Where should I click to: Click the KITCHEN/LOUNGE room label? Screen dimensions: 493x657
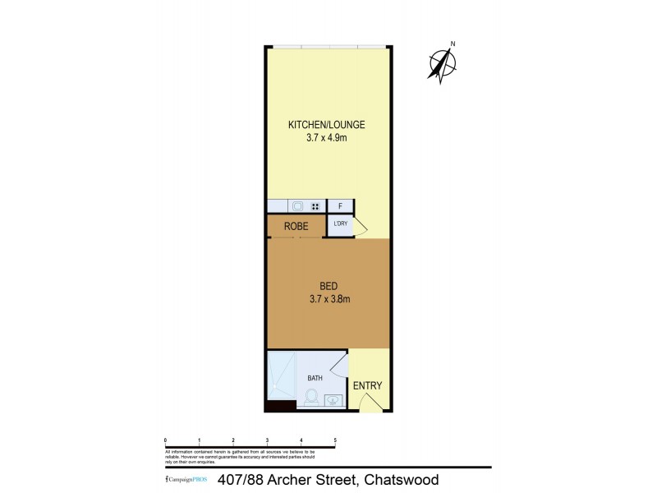pos(326,125)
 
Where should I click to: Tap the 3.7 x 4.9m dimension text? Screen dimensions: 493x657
pos(326,138)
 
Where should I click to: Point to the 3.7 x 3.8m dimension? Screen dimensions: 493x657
pos(328,299)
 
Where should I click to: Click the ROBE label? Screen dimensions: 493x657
pos(296,226)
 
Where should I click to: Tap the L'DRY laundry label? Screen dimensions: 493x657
pos(340,223)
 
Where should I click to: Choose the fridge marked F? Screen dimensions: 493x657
pos(340,206)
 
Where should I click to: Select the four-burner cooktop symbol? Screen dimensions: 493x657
pos(315,206)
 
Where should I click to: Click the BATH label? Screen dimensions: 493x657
pos(315,378)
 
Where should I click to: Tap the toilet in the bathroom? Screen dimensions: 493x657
pos(311,398)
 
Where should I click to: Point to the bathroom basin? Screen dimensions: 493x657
pos(333,401)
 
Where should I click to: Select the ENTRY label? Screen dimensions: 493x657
pos(367,386)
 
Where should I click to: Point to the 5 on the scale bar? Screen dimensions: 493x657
pos(335,440)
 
